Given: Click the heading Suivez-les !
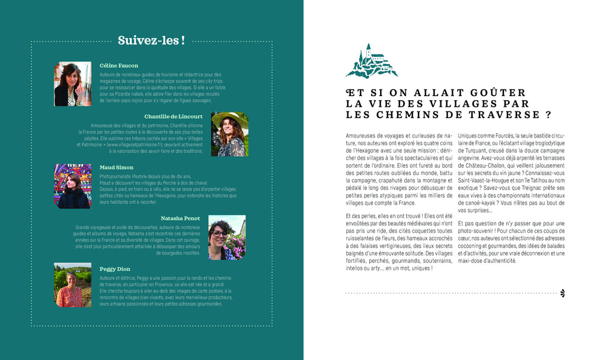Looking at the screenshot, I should tap(151, 40).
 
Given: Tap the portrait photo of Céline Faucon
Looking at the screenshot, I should tap(73, 84).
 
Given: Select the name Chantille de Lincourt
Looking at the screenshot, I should tap(173, 116).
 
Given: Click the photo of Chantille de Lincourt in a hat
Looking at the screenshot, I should tap(229, 134).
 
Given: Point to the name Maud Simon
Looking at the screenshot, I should tap(116, 167).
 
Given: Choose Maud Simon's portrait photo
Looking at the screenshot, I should tap(73, 186).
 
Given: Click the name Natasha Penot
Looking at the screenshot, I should tap(180, 218).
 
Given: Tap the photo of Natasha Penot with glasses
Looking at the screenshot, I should tap(226, 237).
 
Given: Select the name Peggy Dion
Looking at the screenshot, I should tap(114, 269).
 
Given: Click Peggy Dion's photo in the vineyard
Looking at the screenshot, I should tap(73, 285).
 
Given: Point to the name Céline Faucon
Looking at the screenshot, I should tap(119, 65).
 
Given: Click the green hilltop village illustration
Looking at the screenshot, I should tap(372, 61).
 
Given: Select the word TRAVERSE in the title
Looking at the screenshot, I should tap(508, 114).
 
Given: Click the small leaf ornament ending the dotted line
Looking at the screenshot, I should tap(562, 293).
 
